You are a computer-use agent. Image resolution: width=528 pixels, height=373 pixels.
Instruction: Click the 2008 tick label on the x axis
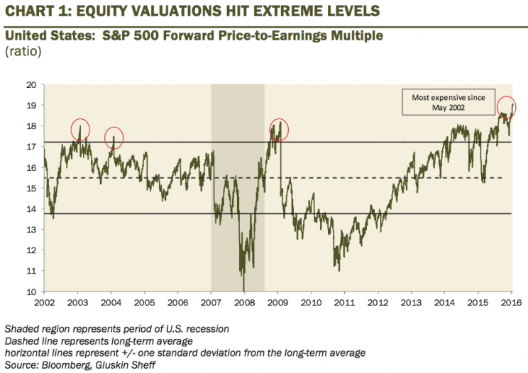pyautogui.click(x=244, y=300)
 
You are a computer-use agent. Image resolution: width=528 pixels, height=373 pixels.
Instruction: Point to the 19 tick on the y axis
pyautogui.click(x=33, y=105)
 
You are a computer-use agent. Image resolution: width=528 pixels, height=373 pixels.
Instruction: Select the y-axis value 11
pyautogui.click(x=33, y=270)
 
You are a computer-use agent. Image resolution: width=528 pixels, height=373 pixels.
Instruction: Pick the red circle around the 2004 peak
pyautogui.click(x=114, y=138)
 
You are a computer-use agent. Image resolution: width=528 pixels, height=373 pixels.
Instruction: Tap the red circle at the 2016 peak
pyautogui.click(x=505, y=107)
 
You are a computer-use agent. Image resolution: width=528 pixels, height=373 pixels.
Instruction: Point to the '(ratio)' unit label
pyautogui.click(x=22, y=52)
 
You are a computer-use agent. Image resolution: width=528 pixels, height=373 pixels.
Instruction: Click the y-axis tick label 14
pyautogui.click(x=33, y=208)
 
